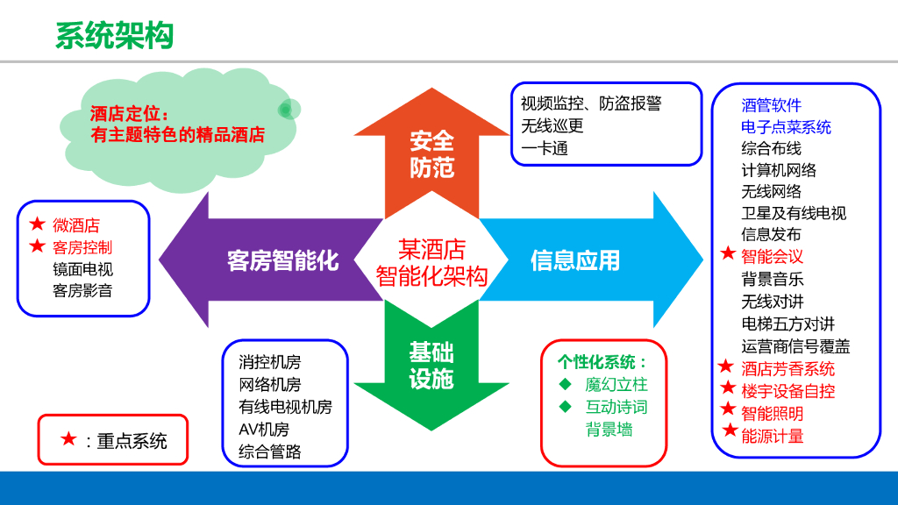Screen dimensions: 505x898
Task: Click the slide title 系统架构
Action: (114, 36)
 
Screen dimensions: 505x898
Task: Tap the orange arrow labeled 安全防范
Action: (431, 154)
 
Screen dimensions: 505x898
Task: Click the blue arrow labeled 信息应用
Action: (575, 260)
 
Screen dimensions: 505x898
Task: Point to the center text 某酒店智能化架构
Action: (431, 262)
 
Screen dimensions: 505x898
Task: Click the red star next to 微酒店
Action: (37, 224)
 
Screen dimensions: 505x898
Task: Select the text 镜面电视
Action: (82, 269)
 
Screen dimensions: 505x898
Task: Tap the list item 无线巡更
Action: (552, 125)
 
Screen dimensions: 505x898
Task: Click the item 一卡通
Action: (545, 148)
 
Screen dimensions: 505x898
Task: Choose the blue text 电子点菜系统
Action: (786, 127)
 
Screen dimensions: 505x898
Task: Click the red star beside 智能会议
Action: (728, 254)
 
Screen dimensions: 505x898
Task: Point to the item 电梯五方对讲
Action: (788, 324)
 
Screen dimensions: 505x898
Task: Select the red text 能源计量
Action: (772, 435)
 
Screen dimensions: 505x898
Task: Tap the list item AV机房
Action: (263, 430)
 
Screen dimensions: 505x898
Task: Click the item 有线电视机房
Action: (285, 407)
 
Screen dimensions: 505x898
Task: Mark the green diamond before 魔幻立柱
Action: (566, 384)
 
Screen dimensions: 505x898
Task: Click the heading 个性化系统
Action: (602, 362)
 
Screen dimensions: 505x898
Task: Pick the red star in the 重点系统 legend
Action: (68, 439)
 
